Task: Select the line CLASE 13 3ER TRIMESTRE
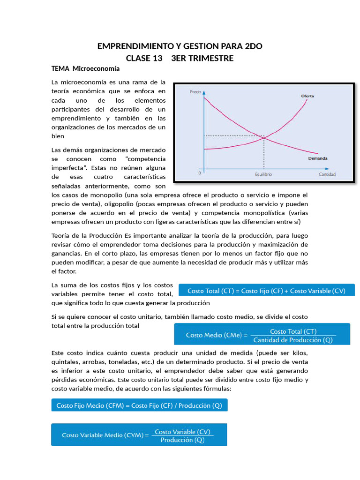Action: pyautogui.click(x=180, y=58)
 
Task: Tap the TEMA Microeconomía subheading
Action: pyautogui.click(x=85, y=69)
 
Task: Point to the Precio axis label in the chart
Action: pyautogui.click(x=195, y=92)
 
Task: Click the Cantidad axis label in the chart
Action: pyautogui.click(x=327, y=174)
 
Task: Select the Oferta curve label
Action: pyautogui.click(x=307, y=96)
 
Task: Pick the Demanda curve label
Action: pyautogui.click(x=317, y=158)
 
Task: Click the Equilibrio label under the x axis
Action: pyautogui.click(x=263, y=174)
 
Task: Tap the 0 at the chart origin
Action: pyautogui.click(x=199, y=173)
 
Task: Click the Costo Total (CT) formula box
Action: pyautogui.click(x=266, y=291)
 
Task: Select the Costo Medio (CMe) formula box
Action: pyautogui.click(x=262, y=335)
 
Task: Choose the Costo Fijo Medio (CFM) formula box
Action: pyautogui.click(x=139, y=405)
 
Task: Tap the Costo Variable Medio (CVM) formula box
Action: pyautogui.click(x=139, y=435)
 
